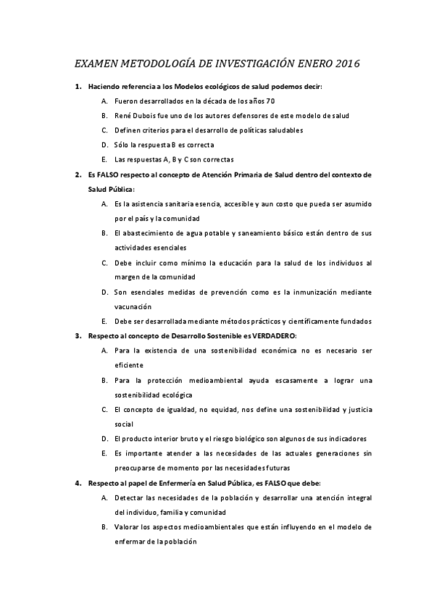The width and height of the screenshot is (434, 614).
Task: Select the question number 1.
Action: (x=78, y=87)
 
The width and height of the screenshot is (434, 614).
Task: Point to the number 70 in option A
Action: (x=270, y=101)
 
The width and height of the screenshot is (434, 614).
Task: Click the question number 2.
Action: (x=78, y=174)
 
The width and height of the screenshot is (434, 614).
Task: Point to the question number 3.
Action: (x=78, y=336)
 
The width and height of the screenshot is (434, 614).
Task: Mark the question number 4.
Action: (x=78, y=482)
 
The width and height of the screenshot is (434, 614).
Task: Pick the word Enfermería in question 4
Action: (x=162, y=482)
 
